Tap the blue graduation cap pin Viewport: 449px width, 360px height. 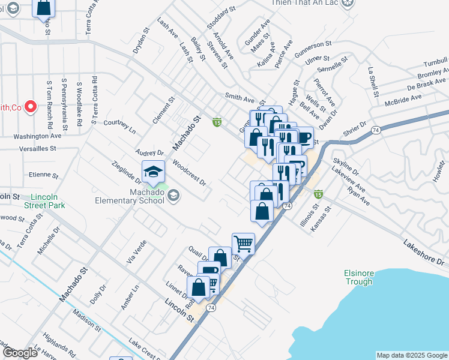[154, 172]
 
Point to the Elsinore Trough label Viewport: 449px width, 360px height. [358, 277]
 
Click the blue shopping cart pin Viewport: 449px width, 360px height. [243, 244]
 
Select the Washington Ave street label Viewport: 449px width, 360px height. [38, 136]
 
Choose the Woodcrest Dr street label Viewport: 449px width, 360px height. [189, 173]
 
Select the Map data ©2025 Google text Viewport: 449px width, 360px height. [412, 355]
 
